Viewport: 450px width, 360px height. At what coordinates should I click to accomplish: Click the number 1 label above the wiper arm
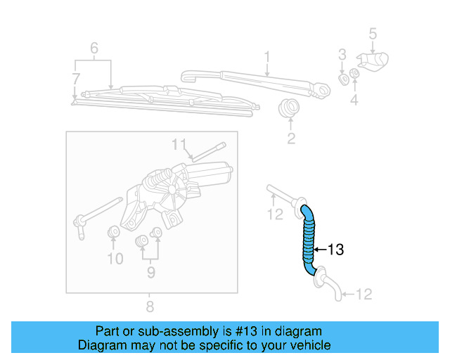click(267, 56)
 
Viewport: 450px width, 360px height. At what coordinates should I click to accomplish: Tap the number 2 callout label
click(290, 139)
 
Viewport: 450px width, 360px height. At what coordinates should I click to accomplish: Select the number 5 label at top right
click(373, 33)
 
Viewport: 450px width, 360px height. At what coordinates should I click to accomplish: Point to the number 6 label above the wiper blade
click(93, 49)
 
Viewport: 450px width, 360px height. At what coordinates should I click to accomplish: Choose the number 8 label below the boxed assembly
click(149, 307)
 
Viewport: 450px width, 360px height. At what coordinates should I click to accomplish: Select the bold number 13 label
click(335, 250)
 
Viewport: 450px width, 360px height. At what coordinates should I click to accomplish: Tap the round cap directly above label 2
click(288, 110)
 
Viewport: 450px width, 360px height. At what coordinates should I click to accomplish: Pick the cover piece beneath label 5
click(375, 61)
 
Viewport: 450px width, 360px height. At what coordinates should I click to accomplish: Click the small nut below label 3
click(344, 78)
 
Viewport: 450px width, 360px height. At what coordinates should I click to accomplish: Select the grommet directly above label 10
click(112, 233)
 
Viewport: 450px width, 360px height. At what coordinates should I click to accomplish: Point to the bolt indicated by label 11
click(207, 150)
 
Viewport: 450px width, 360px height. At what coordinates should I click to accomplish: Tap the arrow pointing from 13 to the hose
click(319, 250)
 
